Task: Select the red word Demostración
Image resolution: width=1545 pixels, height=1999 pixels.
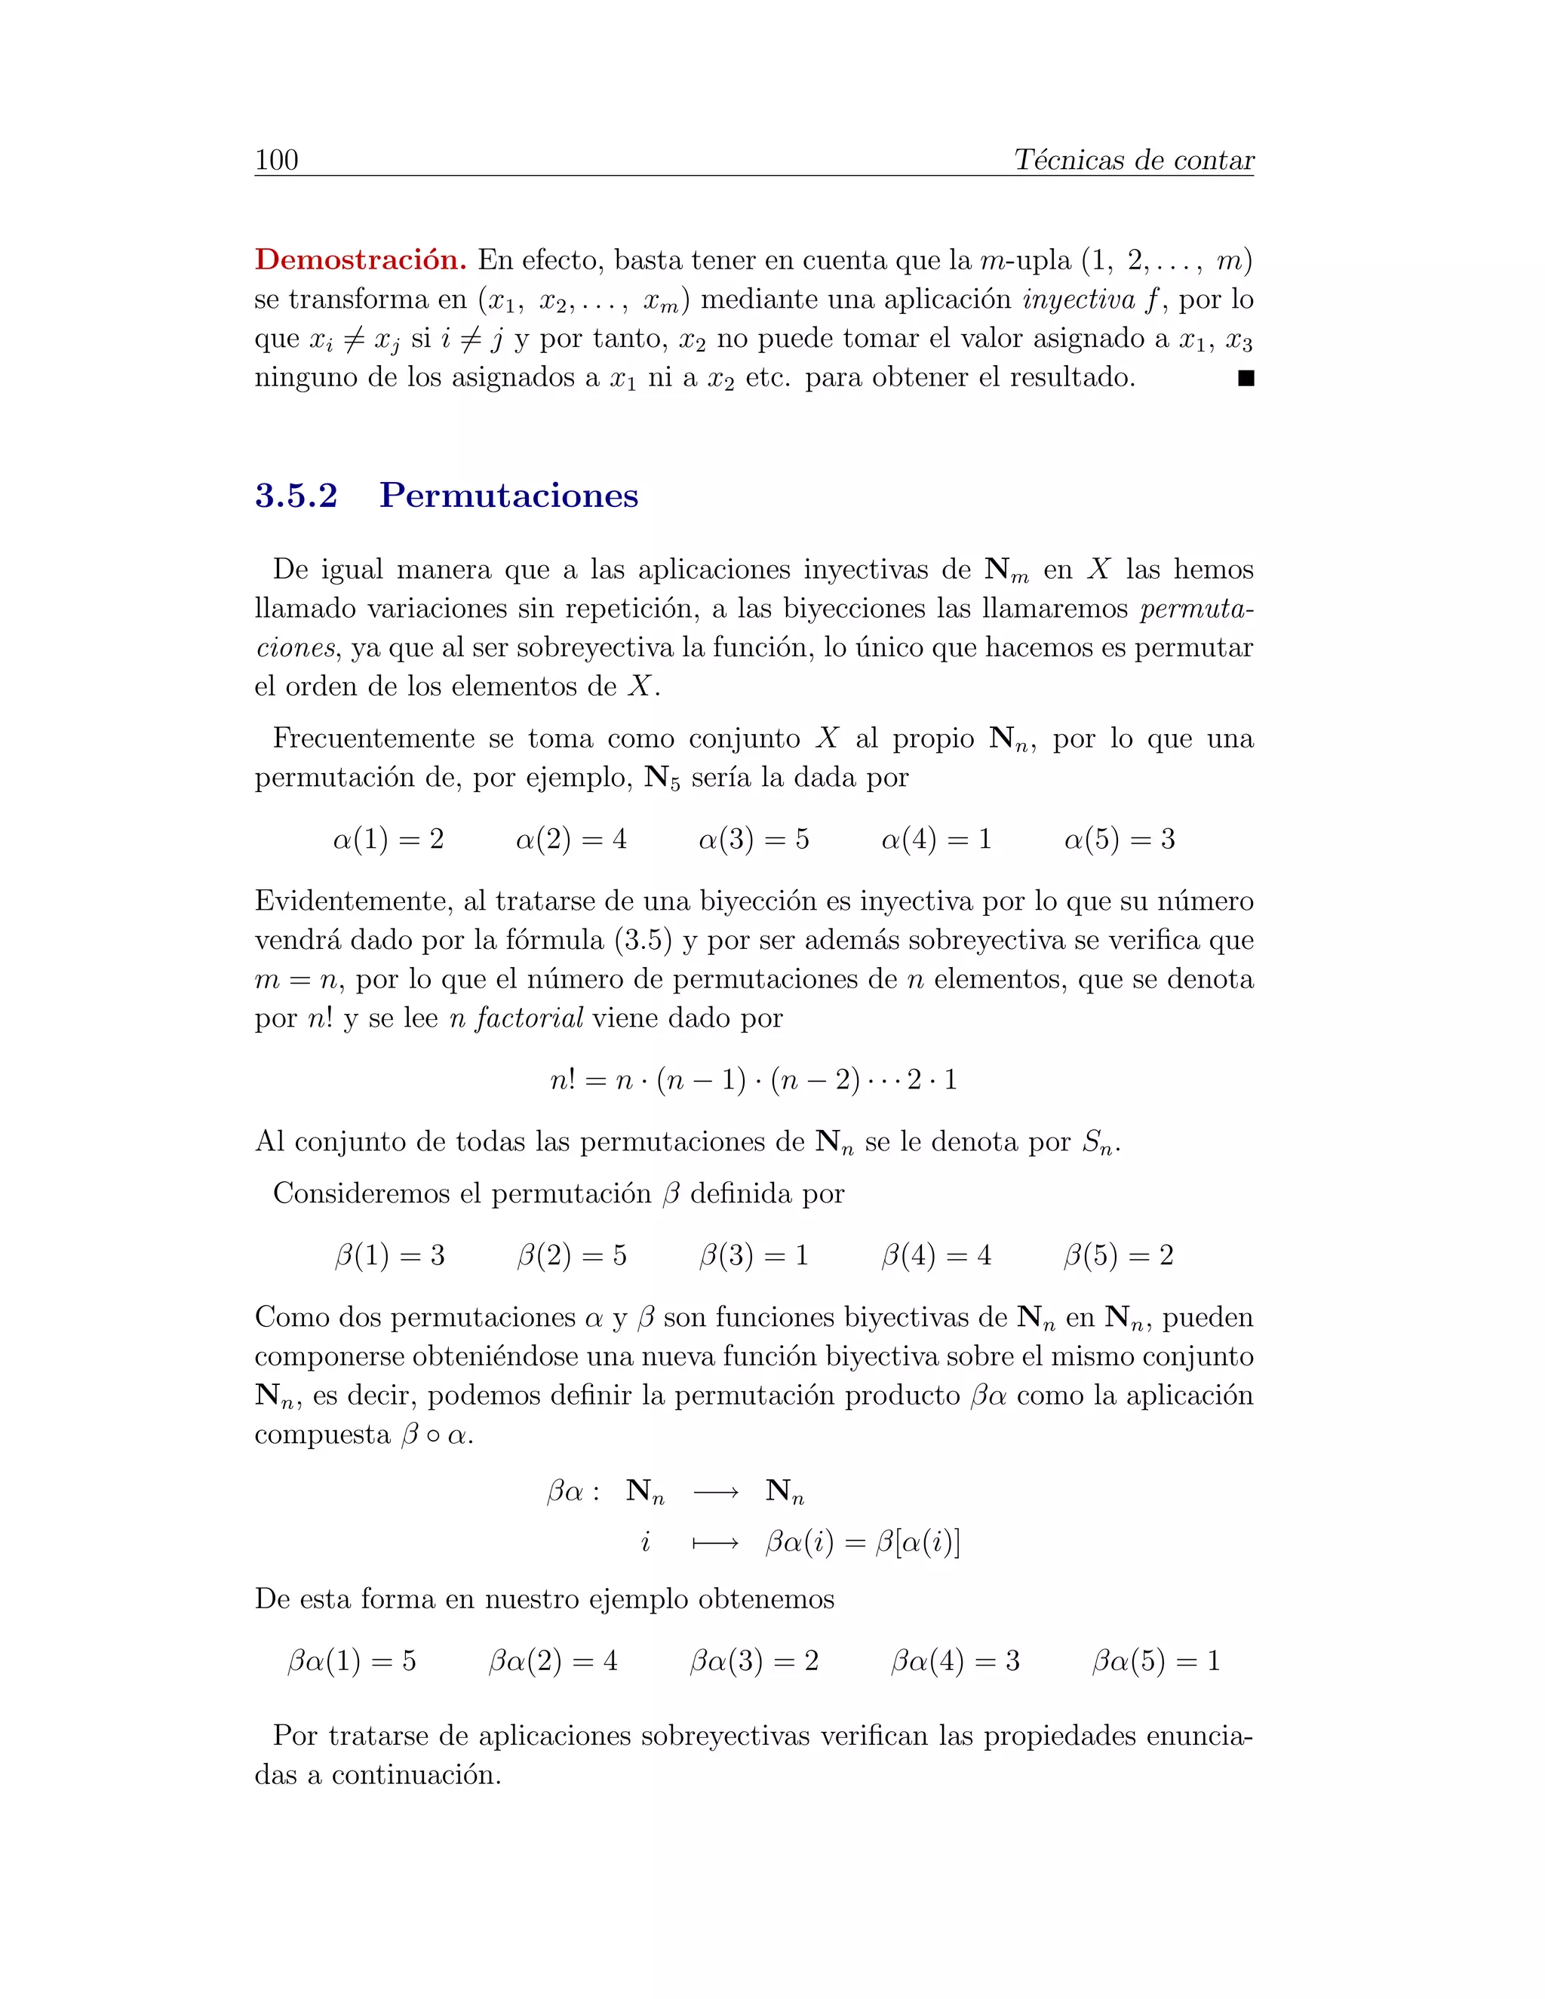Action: tap(361, 260)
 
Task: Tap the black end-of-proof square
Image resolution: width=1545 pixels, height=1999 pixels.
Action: tap(1245, 378)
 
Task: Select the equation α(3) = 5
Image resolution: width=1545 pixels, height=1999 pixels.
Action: tap(754, 840)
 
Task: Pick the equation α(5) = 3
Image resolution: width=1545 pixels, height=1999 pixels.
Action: tap(1119, 840)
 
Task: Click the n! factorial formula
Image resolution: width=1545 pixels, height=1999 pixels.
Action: tap(754, 1080)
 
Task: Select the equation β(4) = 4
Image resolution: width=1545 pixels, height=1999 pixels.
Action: tap(935, 1255)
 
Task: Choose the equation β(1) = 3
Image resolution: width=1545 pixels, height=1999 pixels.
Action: tap(389, 1255)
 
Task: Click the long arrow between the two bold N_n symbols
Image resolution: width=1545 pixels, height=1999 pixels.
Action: tap(716, 1493)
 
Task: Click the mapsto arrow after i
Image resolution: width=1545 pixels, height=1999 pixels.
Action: tap(716, 1544)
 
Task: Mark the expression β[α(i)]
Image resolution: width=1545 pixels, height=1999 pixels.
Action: tap(918, 1543)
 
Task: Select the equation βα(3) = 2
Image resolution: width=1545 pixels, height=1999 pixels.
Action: tap(754, 1661)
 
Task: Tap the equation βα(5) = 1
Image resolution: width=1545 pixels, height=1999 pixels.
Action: tap(1155, 1661)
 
